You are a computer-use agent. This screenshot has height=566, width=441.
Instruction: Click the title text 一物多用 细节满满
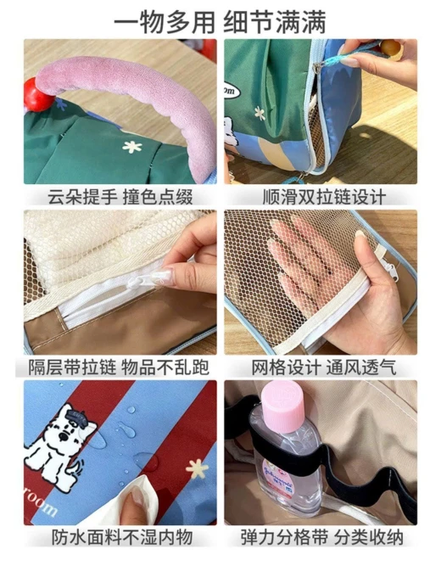click(220, 22)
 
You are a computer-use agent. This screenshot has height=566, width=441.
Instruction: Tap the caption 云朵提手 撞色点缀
click(120, 198)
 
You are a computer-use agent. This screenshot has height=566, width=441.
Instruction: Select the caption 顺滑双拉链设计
click(324, 198)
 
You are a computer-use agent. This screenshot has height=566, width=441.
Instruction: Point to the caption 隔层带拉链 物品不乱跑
click(119, 367)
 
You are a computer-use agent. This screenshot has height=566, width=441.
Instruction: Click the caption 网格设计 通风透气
click(324, 367)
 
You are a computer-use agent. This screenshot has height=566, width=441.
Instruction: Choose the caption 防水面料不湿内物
click(121, 538)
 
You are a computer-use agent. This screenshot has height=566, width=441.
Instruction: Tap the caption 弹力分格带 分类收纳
click(322, 538)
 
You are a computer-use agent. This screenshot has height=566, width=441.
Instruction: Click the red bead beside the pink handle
click(37, 94)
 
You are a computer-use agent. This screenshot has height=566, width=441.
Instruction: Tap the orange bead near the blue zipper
click(391, 48)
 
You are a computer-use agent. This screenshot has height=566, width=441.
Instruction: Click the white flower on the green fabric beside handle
click(131, 147)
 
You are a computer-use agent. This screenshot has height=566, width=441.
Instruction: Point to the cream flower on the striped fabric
click(197, 469)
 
